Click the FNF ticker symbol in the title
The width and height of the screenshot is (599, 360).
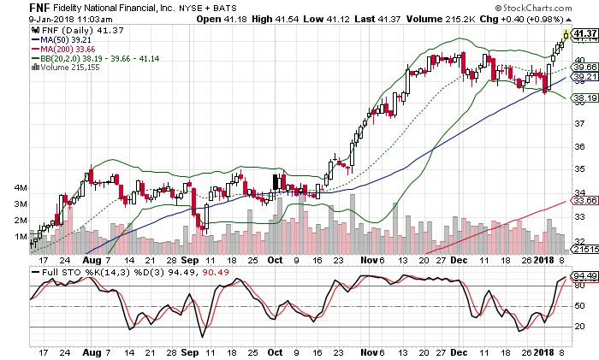15,8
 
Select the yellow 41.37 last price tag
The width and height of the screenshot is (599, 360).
584,34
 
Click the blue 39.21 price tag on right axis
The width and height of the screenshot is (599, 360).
584,77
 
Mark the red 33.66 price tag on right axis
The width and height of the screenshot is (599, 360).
584,201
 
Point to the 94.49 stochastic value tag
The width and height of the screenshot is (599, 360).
584,275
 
